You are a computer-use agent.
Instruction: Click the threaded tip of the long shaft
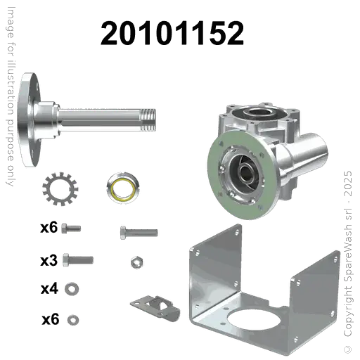click(x=148, y=112)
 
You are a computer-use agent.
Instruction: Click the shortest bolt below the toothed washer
click(x=68, y=229)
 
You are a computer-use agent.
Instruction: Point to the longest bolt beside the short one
click(x=138, y=230)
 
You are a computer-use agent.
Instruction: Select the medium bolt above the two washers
click(x=75, y=261)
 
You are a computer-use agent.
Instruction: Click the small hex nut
click(x=136, y=262)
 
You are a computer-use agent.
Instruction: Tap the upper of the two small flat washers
click(x=71, y=288)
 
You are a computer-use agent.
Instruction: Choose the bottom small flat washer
click(x=71, y=319)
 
